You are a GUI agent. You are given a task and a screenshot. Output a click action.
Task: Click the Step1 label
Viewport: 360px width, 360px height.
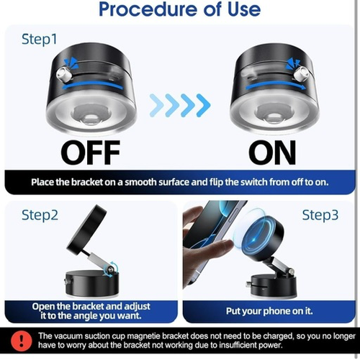click(x=40, y=39)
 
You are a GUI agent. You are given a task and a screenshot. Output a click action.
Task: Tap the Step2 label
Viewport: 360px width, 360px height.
click(x=40, y=215)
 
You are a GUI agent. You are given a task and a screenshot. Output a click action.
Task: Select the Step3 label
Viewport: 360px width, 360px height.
click(x=320, y=215)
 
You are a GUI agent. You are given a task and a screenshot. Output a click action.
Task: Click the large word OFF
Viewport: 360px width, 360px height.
click(x=90, y=152)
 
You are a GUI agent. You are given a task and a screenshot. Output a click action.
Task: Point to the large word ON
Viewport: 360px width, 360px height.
click(x=272, y=152)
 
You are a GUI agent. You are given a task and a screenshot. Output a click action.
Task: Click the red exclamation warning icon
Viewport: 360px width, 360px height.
click(x=22, y=341)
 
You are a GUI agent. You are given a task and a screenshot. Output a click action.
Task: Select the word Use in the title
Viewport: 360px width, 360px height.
click(x=244, y=9)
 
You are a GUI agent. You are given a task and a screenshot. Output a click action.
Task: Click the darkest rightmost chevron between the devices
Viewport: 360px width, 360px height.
click(x=204, y=105)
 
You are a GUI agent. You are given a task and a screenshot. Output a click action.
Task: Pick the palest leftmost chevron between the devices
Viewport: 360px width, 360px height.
click(x=156, y=105)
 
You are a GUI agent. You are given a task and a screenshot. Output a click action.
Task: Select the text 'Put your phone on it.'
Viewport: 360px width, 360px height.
click(x=269, y=311)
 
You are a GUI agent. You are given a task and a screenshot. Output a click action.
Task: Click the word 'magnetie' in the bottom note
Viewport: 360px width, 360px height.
click(x=144, y=336)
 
